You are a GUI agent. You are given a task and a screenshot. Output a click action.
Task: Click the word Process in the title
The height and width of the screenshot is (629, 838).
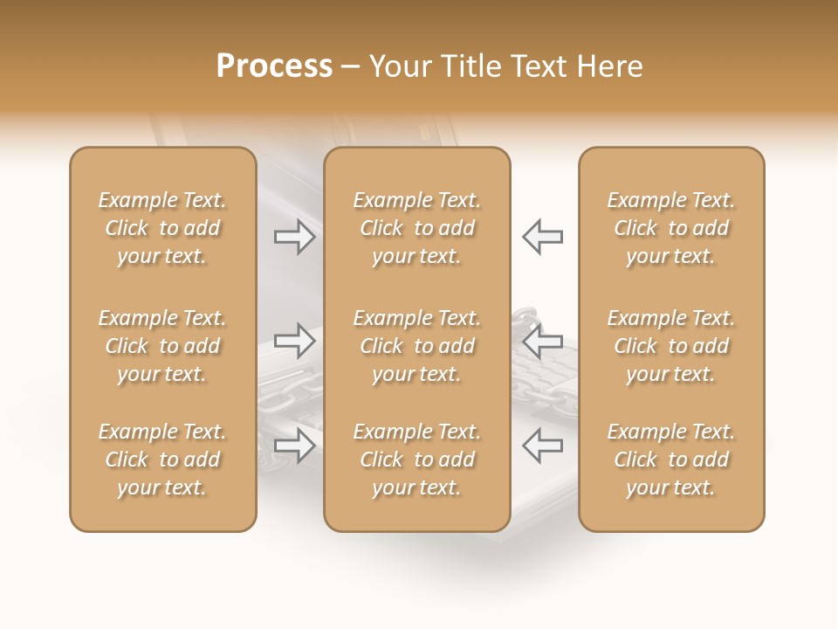pyautogui.click(x=274, y=66)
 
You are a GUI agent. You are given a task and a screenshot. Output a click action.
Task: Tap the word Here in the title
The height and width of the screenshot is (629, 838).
pyautogui.click(x=608, y=66)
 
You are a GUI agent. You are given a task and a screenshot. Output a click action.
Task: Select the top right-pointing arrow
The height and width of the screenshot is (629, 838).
pyautogui.click(x=295, y=237)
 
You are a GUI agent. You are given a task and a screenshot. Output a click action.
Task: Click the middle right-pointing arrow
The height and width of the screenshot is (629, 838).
pyautogui.click(x=295, y=341)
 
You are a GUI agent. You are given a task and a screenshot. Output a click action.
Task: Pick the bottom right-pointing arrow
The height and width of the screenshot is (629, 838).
pyautogui.click(x=295, y=446)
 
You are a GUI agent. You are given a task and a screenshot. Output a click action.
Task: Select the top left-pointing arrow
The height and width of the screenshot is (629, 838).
pyautogui.click(x=542, y=237)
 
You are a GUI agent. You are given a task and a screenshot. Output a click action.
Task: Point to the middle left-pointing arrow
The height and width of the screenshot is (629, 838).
pyautogui.click(x=542, y=341)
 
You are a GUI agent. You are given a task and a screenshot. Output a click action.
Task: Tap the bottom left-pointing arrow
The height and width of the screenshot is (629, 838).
pyautogui.click(x=542, y=446)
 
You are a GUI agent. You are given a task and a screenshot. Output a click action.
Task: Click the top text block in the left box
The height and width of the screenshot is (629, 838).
pyautogui.click(x=162, y=228)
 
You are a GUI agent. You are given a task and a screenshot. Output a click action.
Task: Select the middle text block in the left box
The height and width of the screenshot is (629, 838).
pyautogui.click(x=162, y=346)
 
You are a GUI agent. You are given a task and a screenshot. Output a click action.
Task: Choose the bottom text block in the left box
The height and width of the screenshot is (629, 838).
pyautogui.click(x=162, y=460)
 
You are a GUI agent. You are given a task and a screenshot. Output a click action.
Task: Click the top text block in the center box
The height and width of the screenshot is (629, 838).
pyautogui.click(x=416, y=228)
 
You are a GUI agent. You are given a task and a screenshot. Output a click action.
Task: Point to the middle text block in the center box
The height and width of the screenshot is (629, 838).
pyautogui.click(x=416, y=346)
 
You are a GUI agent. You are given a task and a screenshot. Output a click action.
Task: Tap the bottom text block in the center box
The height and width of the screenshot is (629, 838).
pyautogui.click(x=416, y=460)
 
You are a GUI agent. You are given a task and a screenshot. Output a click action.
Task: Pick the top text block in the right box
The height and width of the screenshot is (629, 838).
pyautogui.click(x=671, y=228)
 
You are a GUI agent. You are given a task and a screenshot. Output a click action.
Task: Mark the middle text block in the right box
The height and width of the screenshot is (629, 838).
pyautogui.click(x=671, y=346)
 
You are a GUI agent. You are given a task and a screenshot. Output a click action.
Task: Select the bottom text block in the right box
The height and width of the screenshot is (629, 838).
pyautogui.click(x=671, y=460)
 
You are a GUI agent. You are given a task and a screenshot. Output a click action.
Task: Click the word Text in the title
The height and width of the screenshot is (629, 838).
pyautogui.click(x=539, y=66)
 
